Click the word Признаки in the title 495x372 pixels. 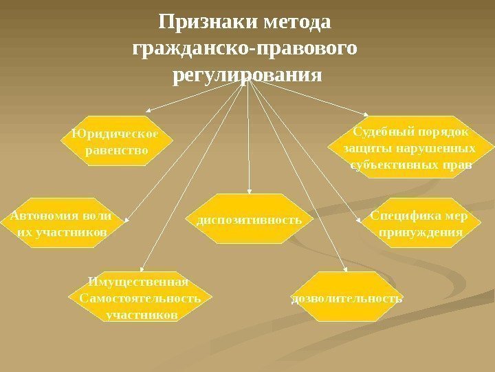point(200,23)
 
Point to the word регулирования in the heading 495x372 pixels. point(246,74)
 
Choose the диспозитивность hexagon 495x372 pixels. point(249,219)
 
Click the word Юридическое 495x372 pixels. point(115,134)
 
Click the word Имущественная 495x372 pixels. point(139,282)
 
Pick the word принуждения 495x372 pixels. point(421,232)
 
